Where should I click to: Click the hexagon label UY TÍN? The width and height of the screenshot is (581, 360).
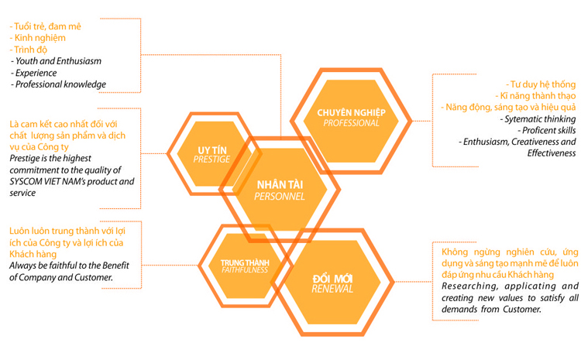click(212, 150)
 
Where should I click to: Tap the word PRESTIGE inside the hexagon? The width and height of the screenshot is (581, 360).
click(211, 159)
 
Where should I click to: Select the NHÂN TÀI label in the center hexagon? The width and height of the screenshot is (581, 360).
click(280, 184)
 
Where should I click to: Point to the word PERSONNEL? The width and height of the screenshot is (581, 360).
click(280, 197)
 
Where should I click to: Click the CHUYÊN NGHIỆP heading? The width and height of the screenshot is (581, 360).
click(351, 112)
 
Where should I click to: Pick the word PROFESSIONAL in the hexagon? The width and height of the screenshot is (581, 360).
click(351, 123)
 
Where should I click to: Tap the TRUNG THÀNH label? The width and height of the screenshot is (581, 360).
click(245, 262)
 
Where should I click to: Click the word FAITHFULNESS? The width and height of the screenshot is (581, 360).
click(245, 269)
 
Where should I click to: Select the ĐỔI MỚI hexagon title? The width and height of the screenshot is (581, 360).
click(332, 279)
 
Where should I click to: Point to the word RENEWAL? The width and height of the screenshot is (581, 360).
click(332, 289)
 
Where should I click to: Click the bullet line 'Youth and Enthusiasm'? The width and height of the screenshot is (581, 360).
click(56, 61)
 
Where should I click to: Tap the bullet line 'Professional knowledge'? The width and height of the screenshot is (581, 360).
click(58, 84)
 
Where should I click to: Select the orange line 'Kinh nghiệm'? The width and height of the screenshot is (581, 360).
click(37, 38)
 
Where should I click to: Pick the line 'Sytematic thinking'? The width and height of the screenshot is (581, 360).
click(538, 119)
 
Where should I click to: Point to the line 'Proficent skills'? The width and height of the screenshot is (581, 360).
click(547, 130)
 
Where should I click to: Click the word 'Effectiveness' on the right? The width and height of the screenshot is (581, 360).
click(552, 153)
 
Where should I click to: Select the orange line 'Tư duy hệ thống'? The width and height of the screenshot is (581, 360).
click(541, 84)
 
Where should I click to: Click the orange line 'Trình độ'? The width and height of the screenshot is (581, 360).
click(29, 50)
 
